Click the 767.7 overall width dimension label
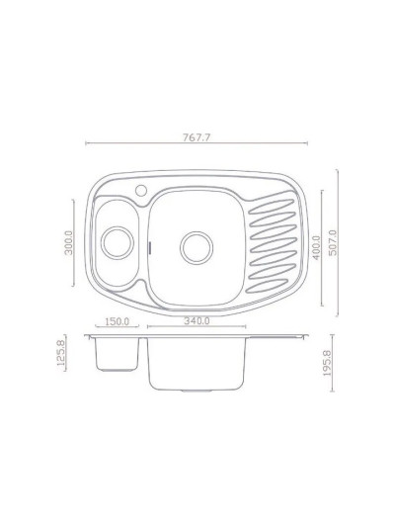coord(196,137)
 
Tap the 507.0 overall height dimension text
coord(333,243)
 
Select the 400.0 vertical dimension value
coord(316,248)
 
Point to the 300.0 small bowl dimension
coord(68,243)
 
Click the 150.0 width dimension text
coord(117,321)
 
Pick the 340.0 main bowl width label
coord(197,320)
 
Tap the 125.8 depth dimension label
coord(61,353)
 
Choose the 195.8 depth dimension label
coord(327,363)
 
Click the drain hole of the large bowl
coord(197,248)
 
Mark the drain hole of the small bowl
coord(118,242)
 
